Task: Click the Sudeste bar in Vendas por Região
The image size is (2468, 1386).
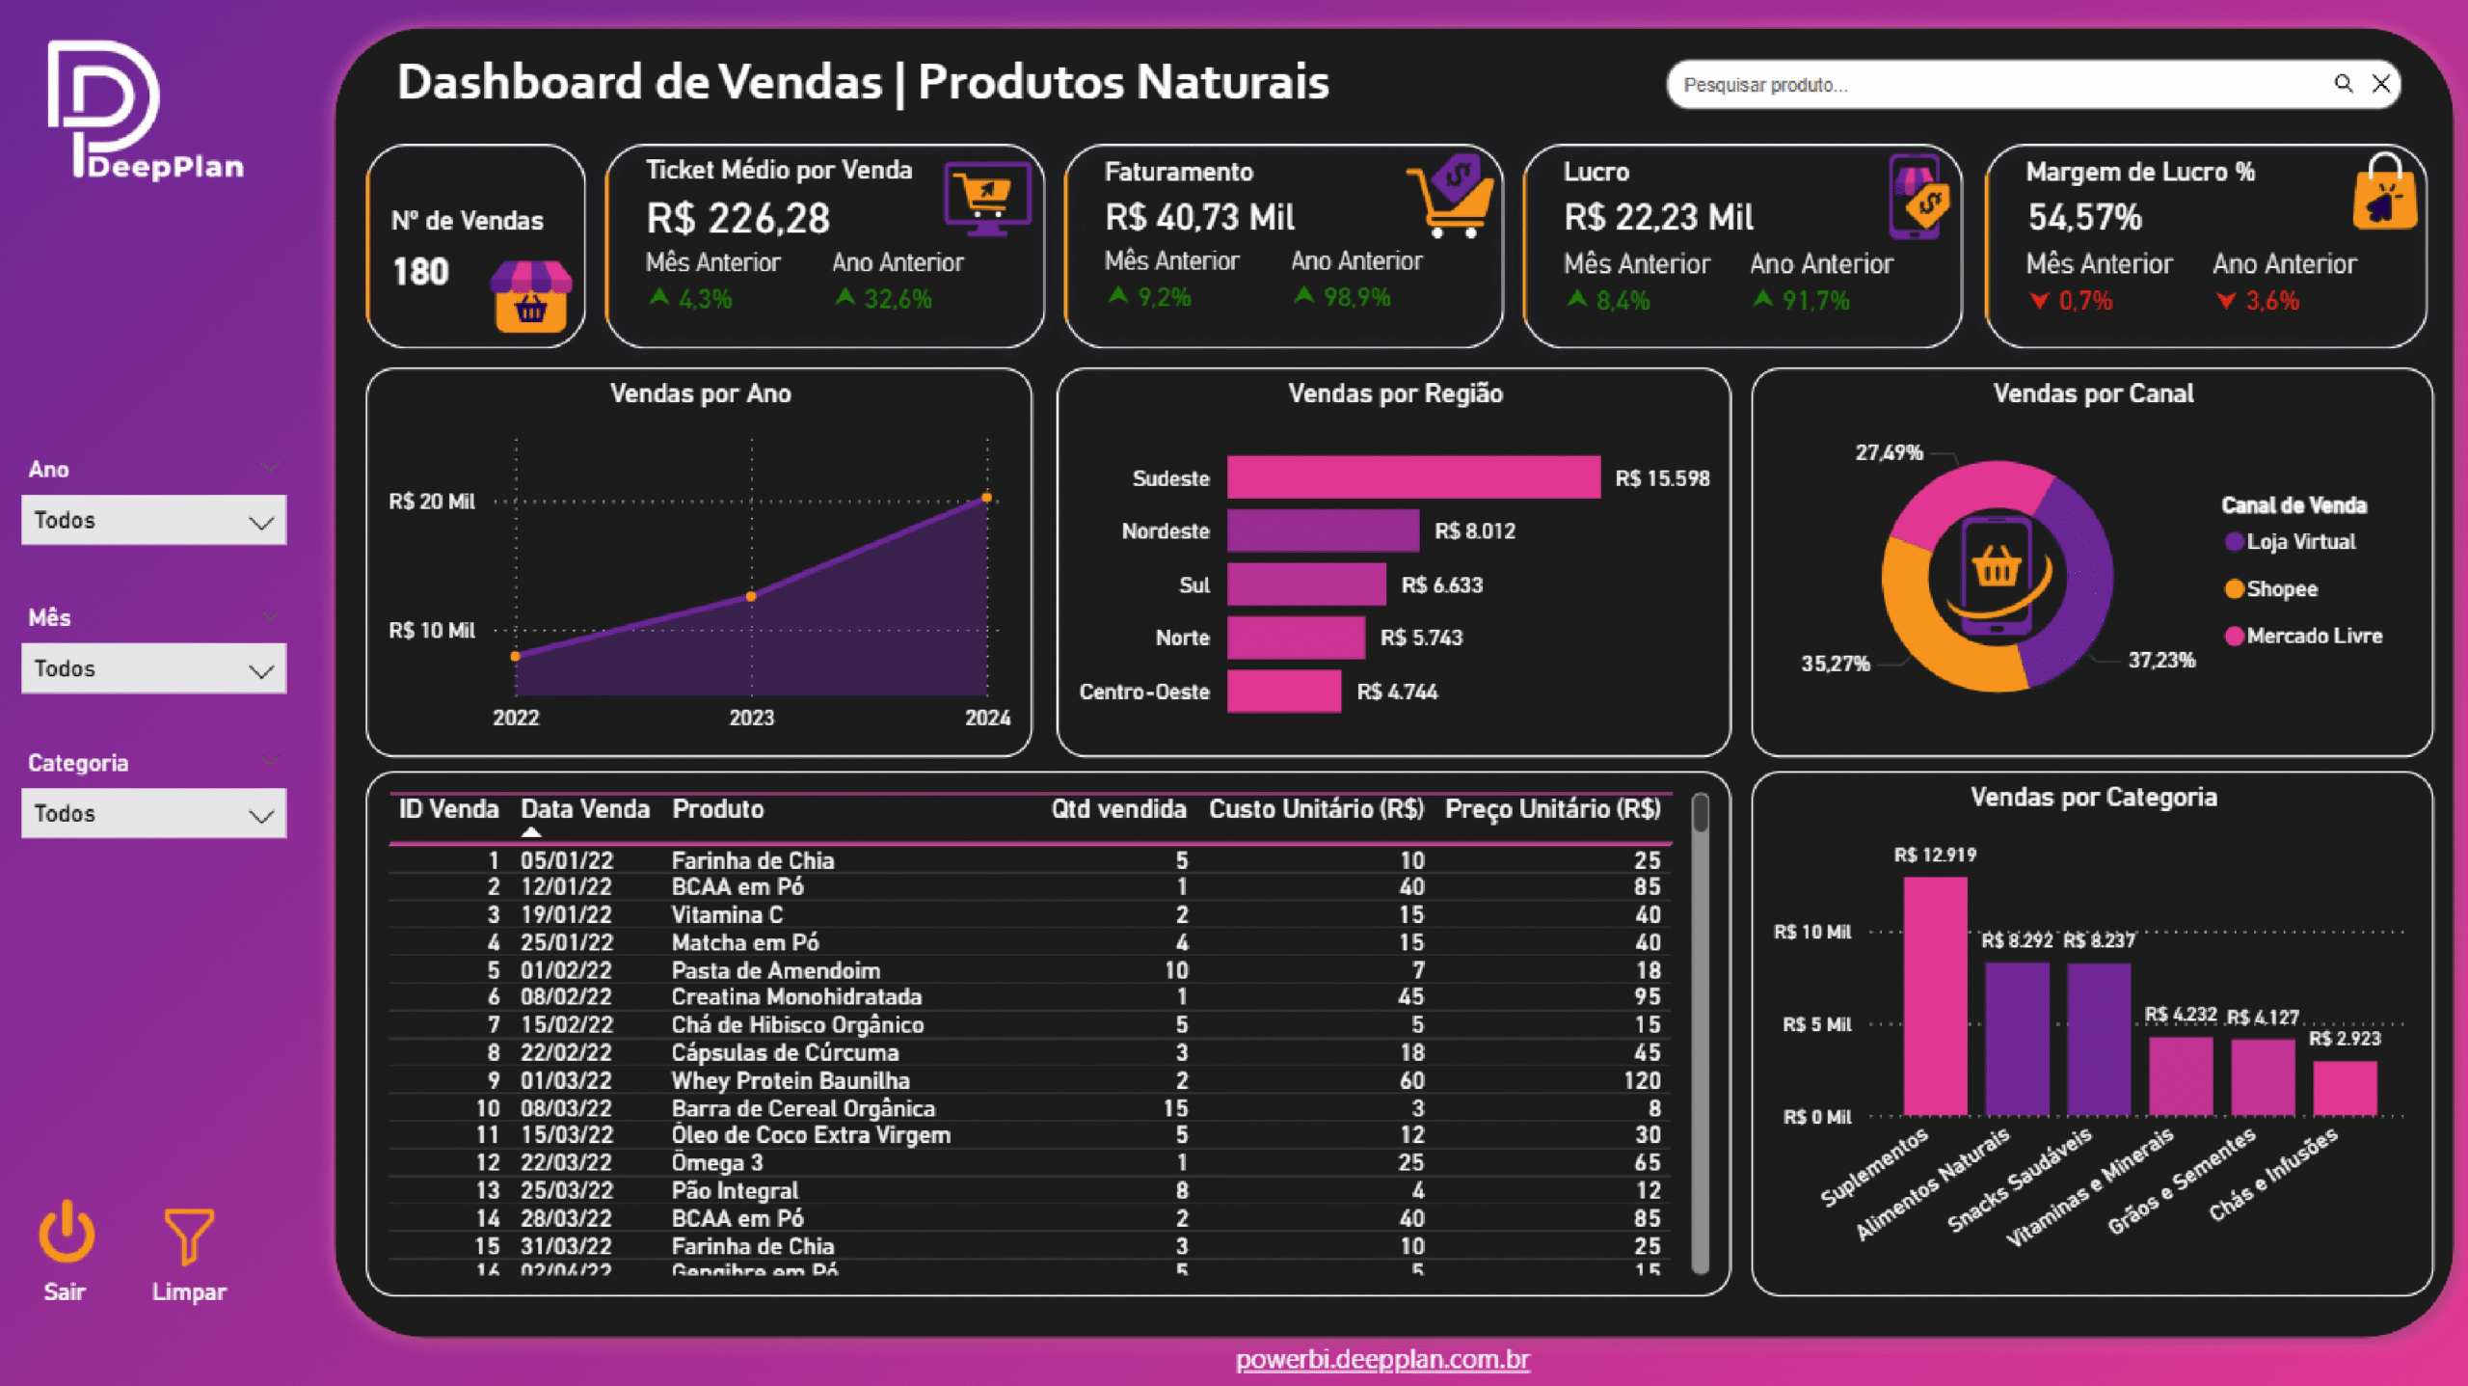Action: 1412,477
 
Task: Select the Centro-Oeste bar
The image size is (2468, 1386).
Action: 1283,692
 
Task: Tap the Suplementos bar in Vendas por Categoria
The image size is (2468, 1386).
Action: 1935,995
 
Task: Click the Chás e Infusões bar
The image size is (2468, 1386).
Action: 2345,1088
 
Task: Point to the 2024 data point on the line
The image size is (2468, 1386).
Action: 986,499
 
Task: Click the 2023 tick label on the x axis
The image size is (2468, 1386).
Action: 751,718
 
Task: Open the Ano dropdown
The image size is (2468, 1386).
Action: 153,521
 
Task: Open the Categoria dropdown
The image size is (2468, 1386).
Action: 153,813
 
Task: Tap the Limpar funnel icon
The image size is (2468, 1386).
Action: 188,1235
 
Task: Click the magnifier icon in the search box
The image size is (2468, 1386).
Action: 2343,84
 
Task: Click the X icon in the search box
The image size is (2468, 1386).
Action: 2380,84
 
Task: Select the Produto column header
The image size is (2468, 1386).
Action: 717,809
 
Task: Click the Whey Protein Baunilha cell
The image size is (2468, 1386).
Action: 790,1080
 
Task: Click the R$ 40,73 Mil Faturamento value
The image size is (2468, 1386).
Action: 1199,218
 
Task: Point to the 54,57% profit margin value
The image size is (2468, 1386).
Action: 2084,218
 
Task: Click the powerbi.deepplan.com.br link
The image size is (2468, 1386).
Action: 1382,1359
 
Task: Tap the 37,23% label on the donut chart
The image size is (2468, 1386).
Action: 2160,661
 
